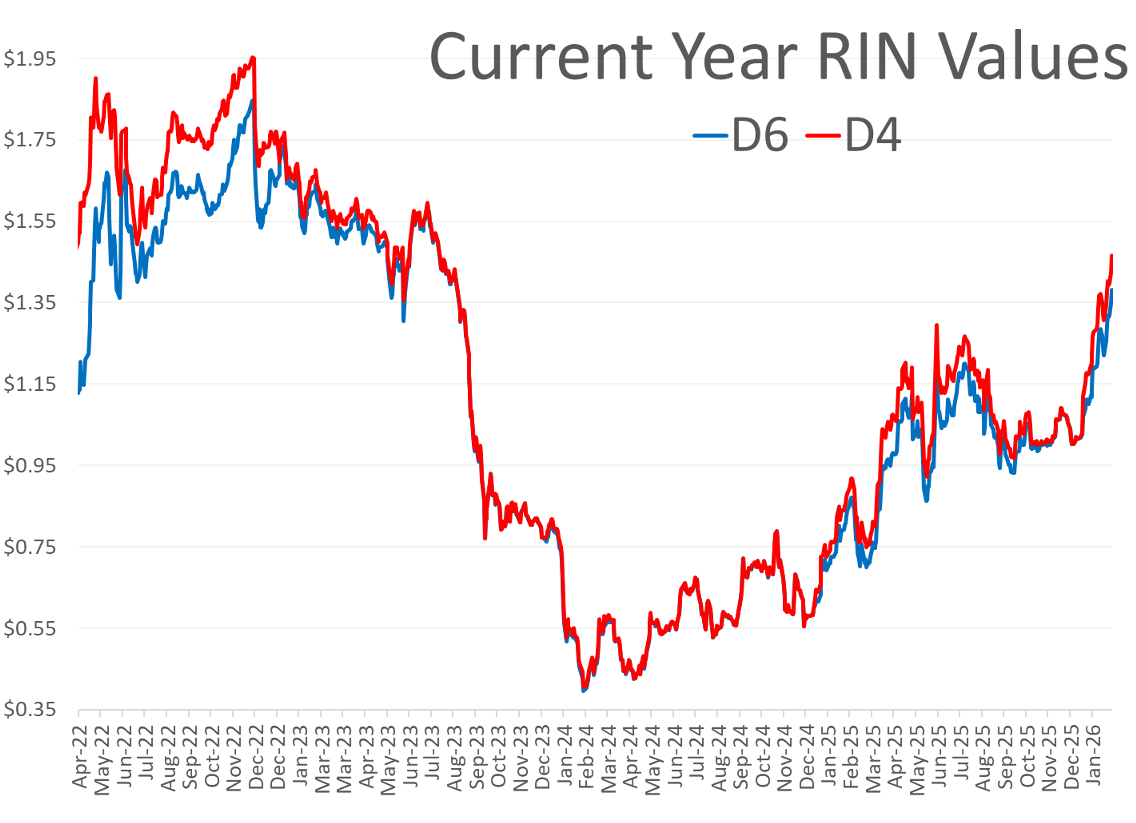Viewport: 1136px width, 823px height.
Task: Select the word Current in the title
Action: [541, 56]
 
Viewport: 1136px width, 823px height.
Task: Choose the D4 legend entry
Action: [854, 135]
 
